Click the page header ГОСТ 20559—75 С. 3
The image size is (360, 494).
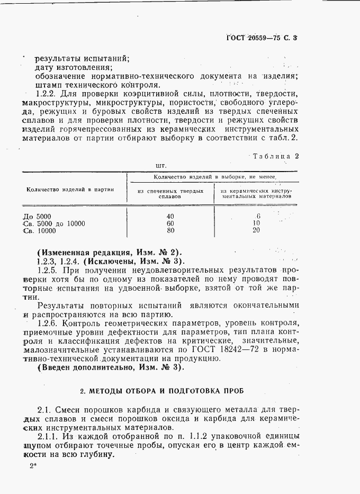click(269, 38)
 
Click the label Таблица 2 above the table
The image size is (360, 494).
click(276, 156)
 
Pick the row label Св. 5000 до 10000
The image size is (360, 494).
click(55, 223)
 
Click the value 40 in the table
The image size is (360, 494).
click(170, 216)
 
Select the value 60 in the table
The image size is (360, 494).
click(170, 223)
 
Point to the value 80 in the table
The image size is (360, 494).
click(170, 231)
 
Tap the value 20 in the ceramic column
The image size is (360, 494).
click(257, 231)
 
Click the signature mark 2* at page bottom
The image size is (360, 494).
click(34, 466)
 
